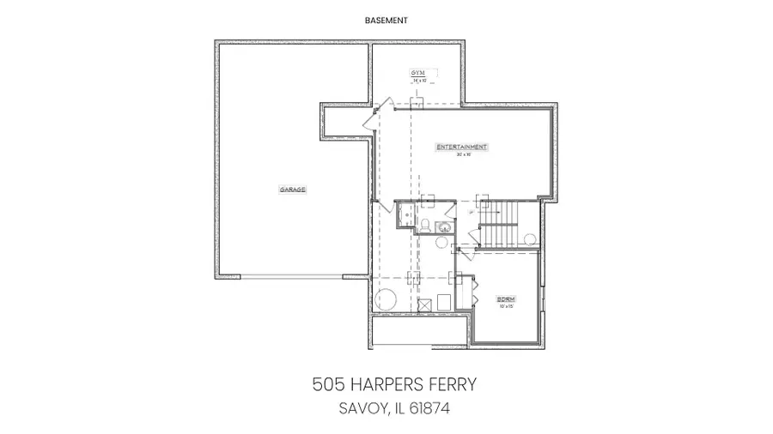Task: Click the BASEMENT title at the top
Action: pyautogui.click(x=386, y=19)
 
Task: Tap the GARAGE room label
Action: pyautogui.click(x=292, y=189)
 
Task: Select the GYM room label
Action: pyautogui.click(x=419, y=73)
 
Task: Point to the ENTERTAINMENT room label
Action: pyautogui.click(x=461, y=148)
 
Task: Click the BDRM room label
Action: pyautogui.click(x=506, y=299)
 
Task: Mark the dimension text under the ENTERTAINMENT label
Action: pyautogui.click(x=461, y=155)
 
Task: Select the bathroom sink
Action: pyautogui.click(x=443, y=227)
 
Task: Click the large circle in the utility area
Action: pyautogui.click(x=385, y=300)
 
